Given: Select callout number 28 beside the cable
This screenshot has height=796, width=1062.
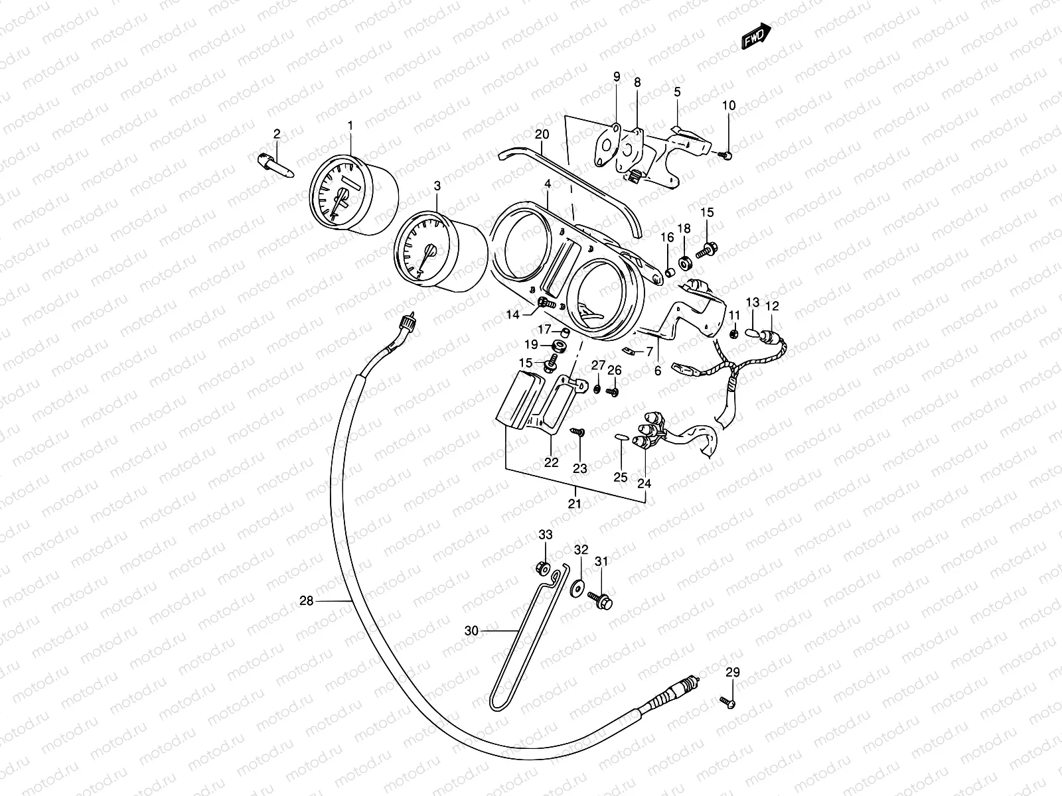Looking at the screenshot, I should (306, 601).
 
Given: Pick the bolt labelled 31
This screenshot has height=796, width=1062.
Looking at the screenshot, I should (604, 601).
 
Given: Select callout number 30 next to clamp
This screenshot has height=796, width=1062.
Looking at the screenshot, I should (471, 631).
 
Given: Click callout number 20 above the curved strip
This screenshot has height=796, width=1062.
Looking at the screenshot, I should (542, 135).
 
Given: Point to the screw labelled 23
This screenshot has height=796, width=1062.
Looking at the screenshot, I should (579, 432).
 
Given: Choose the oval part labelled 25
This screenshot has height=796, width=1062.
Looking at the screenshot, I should (621, 436).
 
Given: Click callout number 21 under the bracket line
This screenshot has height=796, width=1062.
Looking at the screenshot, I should (575, 503).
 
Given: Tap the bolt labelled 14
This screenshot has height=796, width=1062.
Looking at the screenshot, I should (546, 302).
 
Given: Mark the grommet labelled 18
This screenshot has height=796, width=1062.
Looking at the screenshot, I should (684, 261).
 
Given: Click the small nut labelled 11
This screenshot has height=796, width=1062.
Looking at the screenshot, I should (734, 332).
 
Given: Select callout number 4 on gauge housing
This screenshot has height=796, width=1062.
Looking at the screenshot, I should (547, 183).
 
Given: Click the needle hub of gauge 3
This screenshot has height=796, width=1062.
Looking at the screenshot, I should (429, 251).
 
